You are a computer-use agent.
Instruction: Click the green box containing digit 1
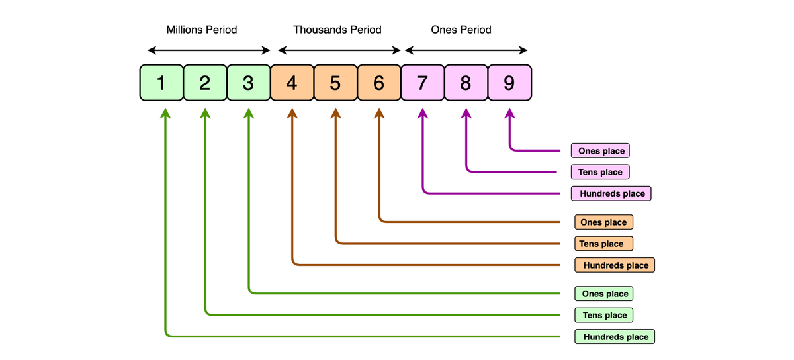(x=161, y=83)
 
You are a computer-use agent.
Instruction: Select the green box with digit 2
(x=204, y=83)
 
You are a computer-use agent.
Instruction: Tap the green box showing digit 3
(x=248, y=83)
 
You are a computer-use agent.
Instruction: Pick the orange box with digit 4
(x=292, y=83)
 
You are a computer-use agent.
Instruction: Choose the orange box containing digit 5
(x=335, y=83)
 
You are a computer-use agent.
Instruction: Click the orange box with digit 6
(x=378, y=83)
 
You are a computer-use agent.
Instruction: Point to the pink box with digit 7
(x=422, y=83)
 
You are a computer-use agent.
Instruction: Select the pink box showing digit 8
(x=466, y=83)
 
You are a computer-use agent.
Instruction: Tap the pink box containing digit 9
(x=509, y=83)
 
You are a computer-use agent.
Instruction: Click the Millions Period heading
(x=202, y=30)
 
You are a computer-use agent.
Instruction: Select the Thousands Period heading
(x=337, y=30)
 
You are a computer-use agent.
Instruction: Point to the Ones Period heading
(x=461, y=30)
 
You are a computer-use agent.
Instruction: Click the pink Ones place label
(x=601, y=151)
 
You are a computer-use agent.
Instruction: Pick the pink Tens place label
(x=600, y=172)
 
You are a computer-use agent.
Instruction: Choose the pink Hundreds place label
(x=611, y=193)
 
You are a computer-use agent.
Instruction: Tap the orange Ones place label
(x=604, y=222)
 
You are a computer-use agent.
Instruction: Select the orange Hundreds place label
(x=615, y=265)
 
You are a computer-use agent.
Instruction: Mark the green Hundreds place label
(x=615, y=337)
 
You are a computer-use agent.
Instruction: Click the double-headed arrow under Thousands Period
(x=339, y=50)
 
